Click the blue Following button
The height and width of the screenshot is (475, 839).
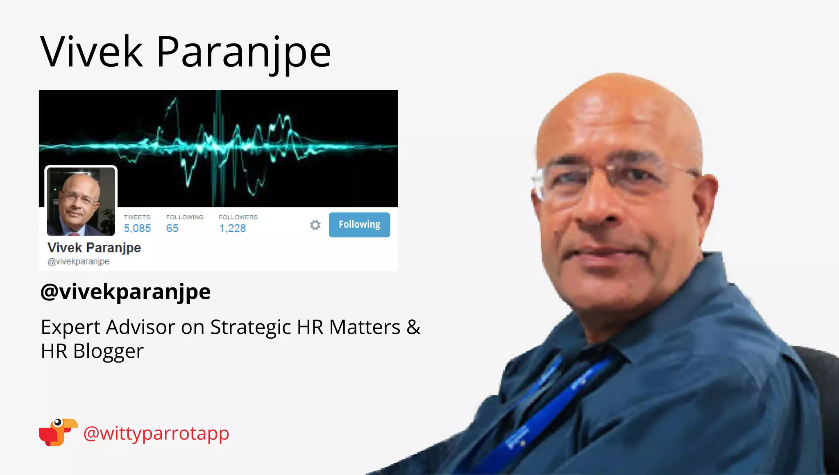click(359, 224)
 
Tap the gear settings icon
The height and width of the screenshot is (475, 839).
click(315, 225)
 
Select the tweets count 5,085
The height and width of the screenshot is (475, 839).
click(137, 228)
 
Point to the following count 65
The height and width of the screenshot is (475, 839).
click(172, 228)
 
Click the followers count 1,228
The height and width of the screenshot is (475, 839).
click(232, 228)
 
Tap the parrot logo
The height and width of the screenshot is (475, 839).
click(58, 432)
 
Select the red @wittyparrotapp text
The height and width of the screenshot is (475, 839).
click(156, 433)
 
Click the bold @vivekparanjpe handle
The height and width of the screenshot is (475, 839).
click(125, 292)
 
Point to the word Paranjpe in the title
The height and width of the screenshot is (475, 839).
click(243, 52)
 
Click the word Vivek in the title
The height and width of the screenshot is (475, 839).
click(92, 52)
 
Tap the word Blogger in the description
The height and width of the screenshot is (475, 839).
click(109, 351)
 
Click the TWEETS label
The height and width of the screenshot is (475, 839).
click(137, 217)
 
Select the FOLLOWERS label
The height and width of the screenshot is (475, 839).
click(238, 217)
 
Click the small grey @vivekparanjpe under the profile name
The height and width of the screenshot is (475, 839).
click(79, 261)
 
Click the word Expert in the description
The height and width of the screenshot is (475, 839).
click(70, 327)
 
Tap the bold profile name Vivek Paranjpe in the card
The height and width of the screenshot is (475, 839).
click(94, 248)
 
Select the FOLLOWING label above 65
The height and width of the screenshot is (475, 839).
click(185, 217)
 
